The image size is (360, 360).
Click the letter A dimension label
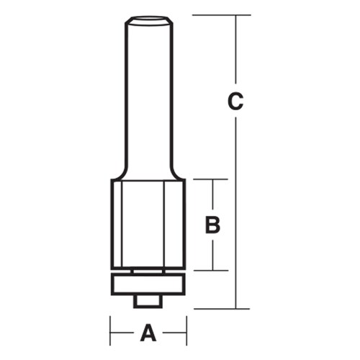(148, 333)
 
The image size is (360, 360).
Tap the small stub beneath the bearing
(148, 299)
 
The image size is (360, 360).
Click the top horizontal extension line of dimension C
(223, 14)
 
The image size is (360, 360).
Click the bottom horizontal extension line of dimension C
(223, 308)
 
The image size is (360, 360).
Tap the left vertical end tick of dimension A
(110, 333)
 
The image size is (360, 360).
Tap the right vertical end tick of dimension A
(186, 333)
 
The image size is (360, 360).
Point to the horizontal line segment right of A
(173, 333)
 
